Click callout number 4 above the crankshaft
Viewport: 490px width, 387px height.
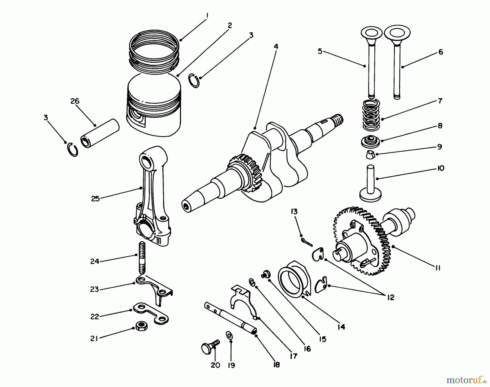[276, 47]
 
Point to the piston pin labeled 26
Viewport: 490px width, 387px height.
[100, 133]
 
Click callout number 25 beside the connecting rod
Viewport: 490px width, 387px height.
[95, 199]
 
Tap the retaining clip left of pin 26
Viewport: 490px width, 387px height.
[73, 150]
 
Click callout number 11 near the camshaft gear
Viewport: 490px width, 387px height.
[437, 268]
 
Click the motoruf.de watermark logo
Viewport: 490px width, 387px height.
[464, 379]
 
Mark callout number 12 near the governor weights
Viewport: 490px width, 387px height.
[390, 297]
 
